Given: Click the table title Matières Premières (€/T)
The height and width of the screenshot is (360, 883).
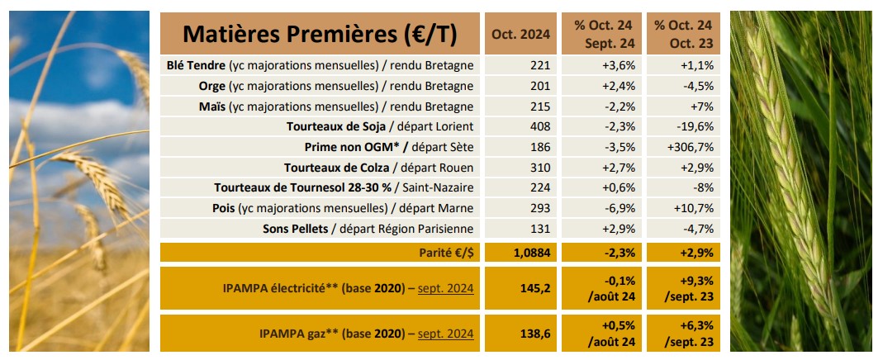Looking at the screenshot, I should (320, 34).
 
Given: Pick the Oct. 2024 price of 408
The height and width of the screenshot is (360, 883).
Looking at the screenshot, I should (538, 126).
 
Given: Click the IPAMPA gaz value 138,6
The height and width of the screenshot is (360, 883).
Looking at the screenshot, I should (532, 333).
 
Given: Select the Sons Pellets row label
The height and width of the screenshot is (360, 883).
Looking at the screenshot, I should (368, 228).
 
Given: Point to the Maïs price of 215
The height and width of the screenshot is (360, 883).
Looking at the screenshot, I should (538, 107).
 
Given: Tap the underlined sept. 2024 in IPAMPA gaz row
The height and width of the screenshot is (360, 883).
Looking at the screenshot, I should (445, 334).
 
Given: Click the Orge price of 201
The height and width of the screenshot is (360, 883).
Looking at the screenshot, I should (538, 86).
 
